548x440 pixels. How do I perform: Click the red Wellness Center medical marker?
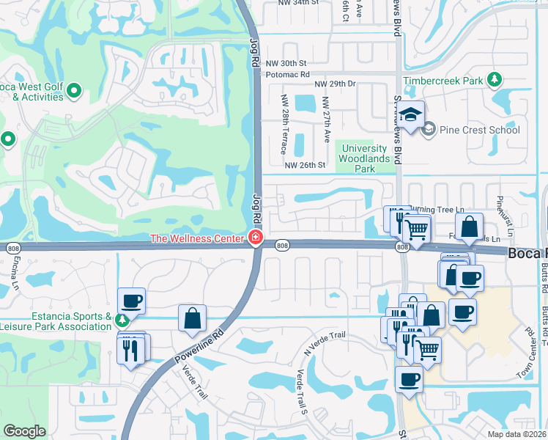[255, 238]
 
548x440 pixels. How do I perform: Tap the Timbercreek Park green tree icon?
[495, 79]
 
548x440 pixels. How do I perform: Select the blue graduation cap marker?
[412, 115]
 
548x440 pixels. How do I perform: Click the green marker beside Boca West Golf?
[73, 91]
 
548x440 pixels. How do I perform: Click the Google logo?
[24, 431]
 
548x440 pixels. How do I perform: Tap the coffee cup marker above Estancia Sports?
[131, 301]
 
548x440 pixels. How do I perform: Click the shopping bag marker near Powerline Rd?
[192, 318]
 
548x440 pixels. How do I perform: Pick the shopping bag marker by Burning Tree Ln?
[470, 226]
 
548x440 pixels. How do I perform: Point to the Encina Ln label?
[14, 279]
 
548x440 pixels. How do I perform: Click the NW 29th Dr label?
[335, 84]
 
